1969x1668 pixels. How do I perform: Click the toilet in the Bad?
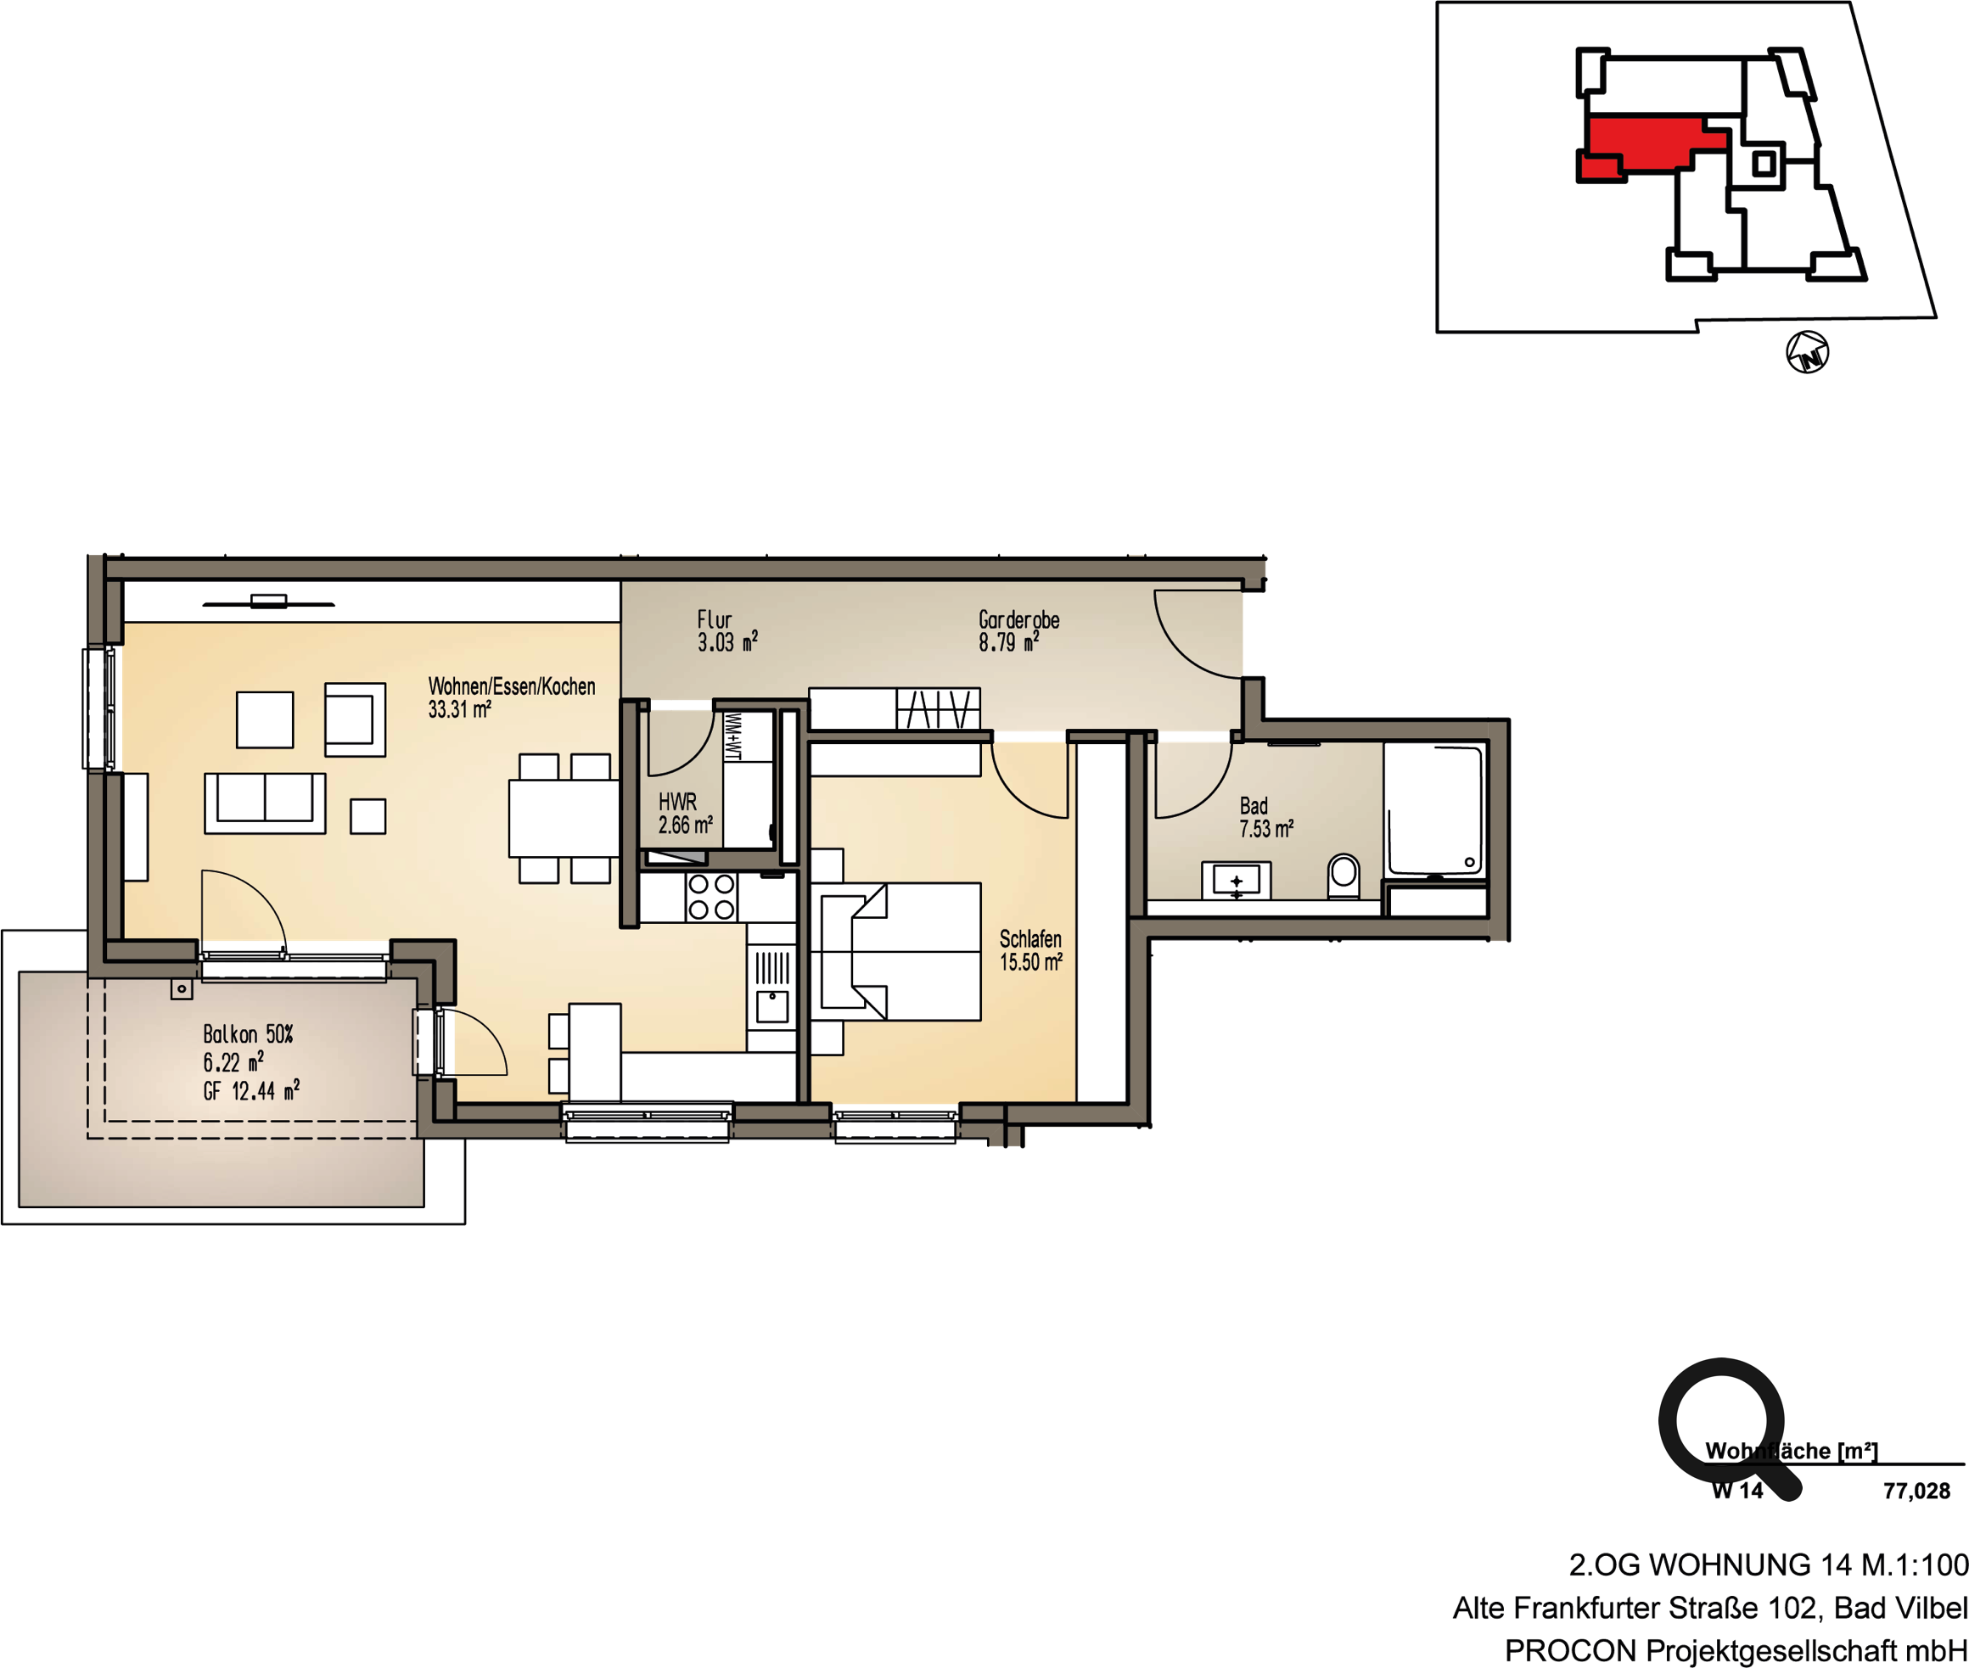point(1343,876)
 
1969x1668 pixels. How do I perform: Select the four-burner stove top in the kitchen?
point(711,897)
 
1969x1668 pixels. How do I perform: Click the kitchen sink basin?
point(771,1006)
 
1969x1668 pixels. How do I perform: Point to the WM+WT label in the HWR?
point(732,736)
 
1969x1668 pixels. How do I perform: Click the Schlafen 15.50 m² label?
point(1031,950)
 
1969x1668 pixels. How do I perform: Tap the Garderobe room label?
point(1018,620)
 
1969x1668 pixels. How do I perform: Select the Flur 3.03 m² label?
point(726,630)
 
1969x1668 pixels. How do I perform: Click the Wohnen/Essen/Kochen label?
point(512,686)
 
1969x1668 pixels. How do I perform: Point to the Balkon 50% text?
point(248,1033)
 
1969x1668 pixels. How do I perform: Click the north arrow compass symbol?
point(1806,353)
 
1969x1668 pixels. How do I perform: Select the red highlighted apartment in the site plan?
point(1650,146)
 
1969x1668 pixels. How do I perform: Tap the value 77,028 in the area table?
point(1916,1492)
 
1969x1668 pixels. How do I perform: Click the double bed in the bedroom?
point(895,951)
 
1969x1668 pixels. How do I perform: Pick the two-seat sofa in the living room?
point(265,803)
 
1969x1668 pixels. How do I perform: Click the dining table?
point(564,818)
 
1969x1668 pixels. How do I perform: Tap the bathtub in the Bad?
point(1434,811)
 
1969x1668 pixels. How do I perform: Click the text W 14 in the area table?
point(1737,1492)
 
